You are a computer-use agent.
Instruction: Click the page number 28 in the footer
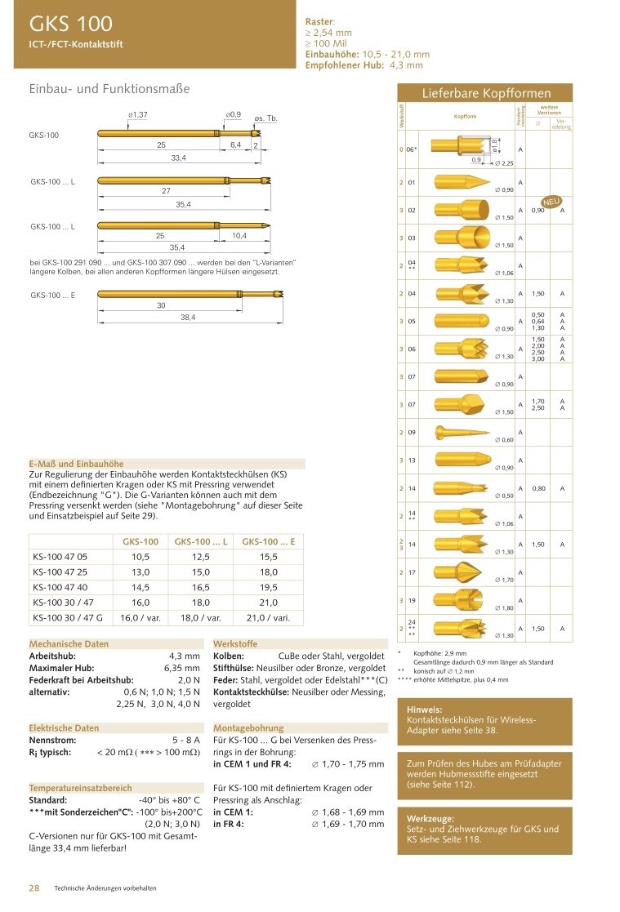tap(35, 888)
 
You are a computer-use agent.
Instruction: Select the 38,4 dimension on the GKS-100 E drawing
tap(188, 317)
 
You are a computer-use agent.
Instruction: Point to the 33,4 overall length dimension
tap(178, 158)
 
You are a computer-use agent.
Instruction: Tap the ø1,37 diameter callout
tap(137, 115)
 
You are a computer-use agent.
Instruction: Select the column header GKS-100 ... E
tap(269, 541)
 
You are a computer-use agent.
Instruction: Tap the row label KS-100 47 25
tap(60, 572)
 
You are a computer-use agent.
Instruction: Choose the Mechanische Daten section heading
tap(69, 643)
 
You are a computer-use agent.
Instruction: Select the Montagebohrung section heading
tap(248, 727)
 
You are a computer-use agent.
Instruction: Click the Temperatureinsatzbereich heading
tap(80, 788)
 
